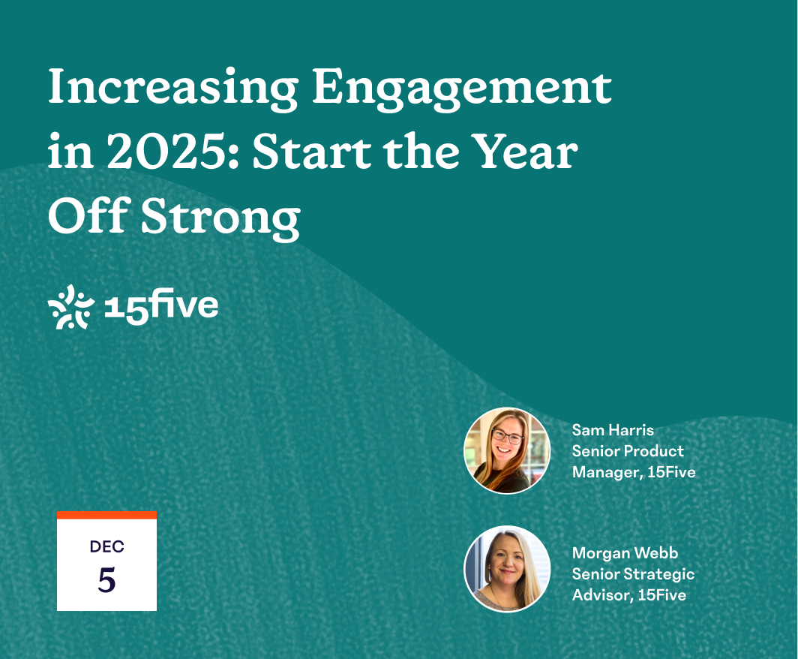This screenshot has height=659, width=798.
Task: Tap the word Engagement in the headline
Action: click(x=461, y=89)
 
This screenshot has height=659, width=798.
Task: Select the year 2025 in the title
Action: click(x=166, y=152)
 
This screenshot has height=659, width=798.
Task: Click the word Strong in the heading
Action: click(x=220, y=218)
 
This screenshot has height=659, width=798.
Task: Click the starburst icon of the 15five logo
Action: click(x=70, y=306)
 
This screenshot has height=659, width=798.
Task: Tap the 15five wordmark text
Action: click(x=160, y=306)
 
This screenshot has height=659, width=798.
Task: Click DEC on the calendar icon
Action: click(x=106, y=546)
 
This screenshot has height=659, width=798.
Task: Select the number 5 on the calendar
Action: click(x=106, y=579)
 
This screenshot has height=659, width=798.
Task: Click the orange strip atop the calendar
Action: click(x=106, y=515)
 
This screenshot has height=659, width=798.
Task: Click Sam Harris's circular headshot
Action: click(x=508, y=450)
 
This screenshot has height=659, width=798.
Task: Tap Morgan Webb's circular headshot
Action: click(x=508, y=568)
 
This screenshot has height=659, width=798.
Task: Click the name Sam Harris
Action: click(x=613, y=430)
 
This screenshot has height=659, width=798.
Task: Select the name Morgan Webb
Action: click(x=625, y=552)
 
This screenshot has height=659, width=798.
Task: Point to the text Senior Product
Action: click(x=628, y=450)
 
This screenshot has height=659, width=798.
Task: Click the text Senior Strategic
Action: click(x=633, y=574)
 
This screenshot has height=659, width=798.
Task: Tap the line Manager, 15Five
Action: click(x=634, y=472)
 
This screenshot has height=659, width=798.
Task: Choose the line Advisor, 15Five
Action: click(x=629, y=595)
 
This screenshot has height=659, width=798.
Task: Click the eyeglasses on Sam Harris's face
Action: click(x=507, y=436)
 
